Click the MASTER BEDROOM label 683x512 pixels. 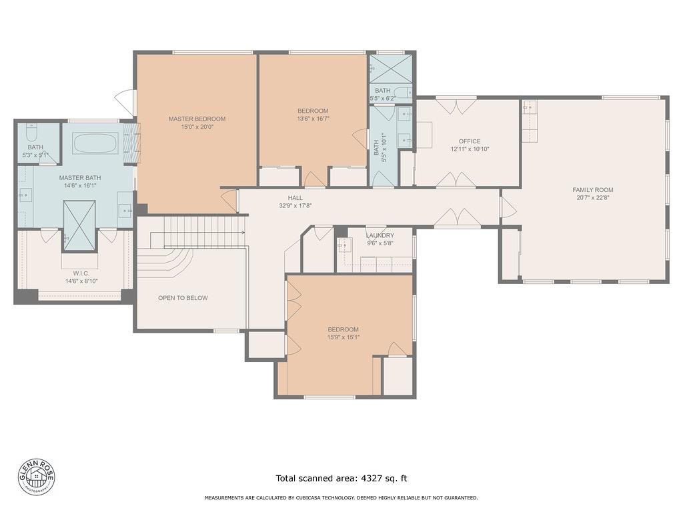click(197, 119)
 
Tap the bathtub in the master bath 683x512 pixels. click(95, 143)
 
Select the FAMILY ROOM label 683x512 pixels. click(593, 190)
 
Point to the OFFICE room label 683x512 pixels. click(470, 141)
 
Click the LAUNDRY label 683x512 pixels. click(380, 235)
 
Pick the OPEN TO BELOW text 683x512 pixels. click(183, 298)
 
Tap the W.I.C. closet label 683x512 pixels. click(81, 273)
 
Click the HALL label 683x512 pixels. click(295, 198)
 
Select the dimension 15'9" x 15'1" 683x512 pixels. click(344, 337)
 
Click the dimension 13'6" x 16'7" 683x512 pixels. click(313, 119)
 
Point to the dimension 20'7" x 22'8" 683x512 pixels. click(593, 197)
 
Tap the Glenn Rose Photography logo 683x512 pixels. click(37, 477)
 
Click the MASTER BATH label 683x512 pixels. click(80, 177)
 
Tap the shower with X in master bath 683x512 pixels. click(79, 226)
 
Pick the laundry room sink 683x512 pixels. click(344, 245)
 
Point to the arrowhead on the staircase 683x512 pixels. click(242, 233)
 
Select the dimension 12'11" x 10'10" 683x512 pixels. click(470, 149)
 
